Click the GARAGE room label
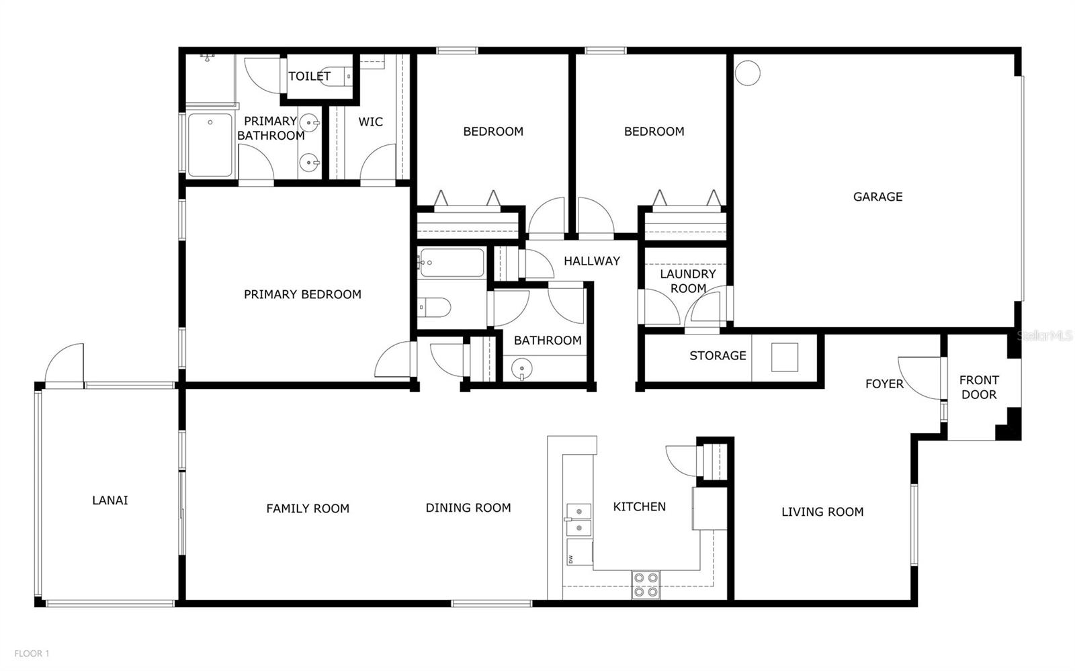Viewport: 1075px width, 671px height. click(x=877, y=197)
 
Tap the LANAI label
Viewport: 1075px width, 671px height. click(x=110, y=500)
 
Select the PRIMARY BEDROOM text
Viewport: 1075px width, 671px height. click(x=302, y=294)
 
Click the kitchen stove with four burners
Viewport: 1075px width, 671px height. click(x=646, y=584)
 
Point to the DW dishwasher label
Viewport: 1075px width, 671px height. click(x=570, y=560)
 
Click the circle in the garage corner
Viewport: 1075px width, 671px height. click(x=748, y=73)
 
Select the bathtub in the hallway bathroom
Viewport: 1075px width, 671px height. click(x=451, y=263)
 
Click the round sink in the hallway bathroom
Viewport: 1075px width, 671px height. click(x=521, y=369)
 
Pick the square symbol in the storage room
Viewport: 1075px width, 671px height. click(x=785, y=357)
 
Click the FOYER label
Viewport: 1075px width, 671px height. click(x=884, y=384)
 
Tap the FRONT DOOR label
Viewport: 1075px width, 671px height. click(x=979, y=388)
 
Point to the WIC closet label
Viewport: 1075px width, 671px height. click(x=370, y=122)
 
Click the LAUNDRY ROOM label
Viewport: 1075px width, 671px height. click(x=688, y=281)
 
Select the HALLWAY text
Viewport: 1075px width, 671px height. click(x=592, y=261)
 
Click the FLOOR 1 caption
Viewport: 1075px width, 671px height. click(x=32, y=654)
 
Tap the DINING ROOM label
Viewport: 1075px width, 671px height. click(x=468, y=508)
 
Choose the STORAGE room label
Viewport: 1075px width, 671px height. click(x=718, y=356)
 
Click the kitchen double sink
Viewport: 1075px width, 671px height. click(x=579, y=519)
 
